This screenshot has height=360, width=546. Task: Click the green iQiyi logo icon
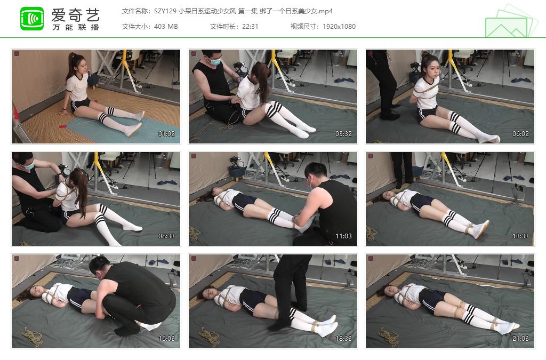32,19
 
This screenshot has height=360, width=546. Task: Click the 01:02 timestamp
166,134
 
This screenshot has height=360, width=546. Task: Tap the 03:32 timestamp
343,134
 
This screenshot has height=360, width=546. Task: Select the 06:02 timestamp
520,134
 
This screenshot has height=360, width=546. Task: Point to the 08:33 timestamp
166,236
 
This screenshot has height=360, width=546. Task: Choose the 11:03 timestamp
343,236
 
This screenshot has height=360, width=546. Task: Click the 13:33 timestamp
520,236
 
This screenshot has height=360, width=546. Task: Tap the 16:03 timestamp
166,339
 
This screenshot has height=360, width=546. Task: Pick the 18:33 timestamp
343,339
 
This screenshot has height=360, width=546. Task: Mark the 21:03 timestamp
520,339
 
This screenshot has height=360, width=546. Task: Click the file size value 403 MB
166,27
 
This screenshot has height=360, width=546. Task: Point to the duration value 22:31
250,27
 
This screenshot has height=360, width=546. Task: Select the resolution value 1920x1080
339,27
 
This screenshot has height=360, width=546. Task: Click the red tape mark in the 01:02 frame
63,126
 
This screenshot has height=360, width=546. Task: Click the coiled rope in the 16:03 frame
32,335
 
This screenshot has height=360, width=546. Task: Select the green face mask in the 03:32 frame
214,61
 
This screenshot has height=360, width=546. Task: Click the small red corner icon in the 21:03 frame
371,259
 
